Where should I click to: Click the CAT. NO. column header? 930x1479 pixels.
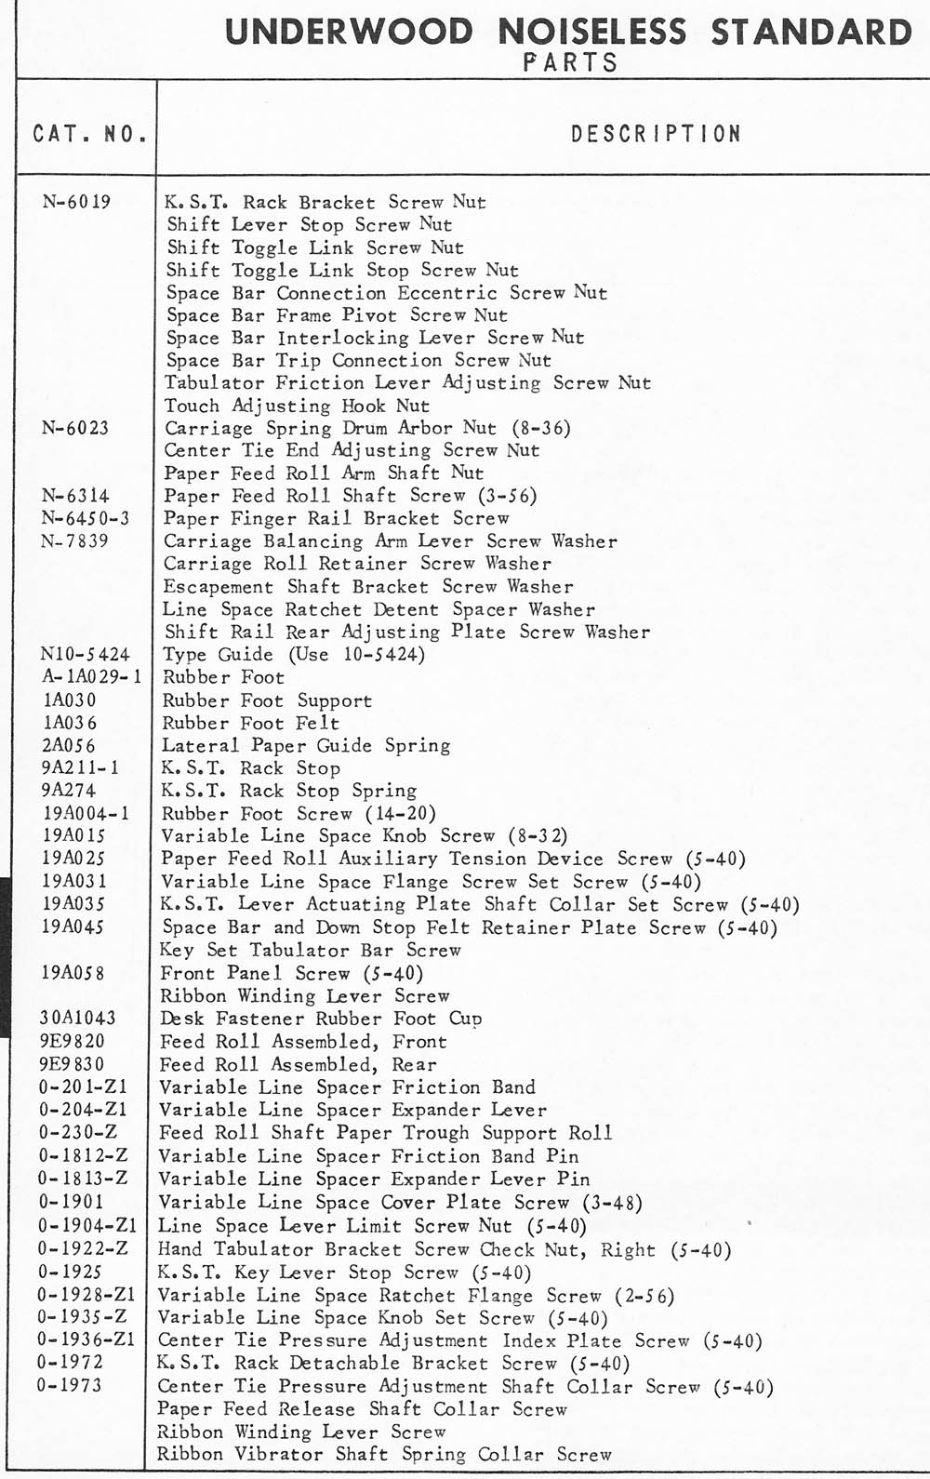point(90,134)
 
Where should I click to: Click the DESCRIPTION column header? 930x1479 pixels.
point(656,134)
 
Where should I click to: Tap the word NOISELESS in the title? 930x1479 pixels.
point(592,33)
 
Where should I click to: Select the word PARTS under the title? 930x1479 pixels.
point(570,63)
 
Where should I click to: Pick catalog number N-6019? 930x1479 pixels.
point(76,202)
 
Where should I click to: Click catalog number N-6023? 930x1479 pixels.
point(75,428)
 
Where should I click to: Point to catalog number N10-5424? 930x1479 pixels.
point(85,655)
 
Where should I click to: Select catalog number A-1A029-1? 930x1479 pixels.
point(92,677)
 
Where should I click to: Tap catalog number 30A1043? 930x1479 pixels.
point(77,1019)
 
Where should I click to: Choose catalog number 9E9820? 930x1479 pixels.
point(73,1042)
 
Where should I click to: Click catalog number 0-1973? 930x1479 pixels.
point(70,1385)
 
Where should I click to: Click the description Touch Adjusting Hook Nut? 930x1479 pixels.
point(297,406)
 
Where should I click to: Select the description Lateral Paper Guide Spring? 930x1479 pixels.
point(306,746)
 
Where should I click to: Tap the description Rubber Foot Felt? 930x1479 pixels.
point(251,723)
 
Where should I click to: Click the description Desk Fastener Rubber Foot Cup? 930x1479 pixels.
point(321,1019)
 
